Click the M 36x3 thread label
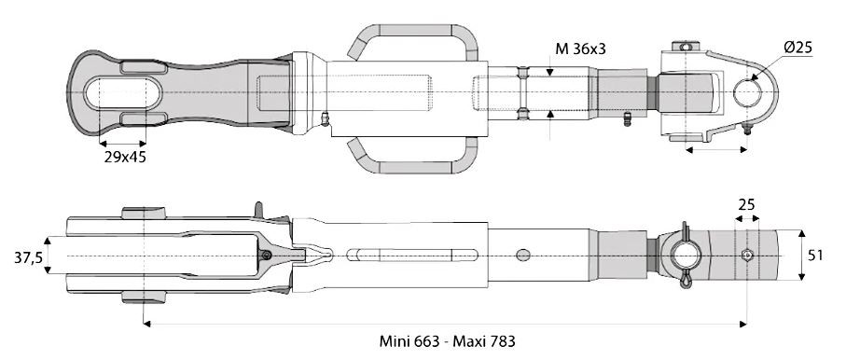pos(580,49)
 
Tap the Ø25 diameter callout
pos(798,48)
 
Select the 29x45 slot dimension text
pos(125,157)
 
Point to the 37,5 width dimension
pos(28,257)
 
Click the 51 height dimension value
pos(815,256)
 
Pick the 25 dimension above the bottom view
pos(746,204)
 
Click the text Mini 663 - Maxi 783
pos(448,341)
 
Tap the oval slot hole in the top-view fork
pos(123,93)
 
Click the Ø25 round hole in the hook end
pos(748,93)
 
